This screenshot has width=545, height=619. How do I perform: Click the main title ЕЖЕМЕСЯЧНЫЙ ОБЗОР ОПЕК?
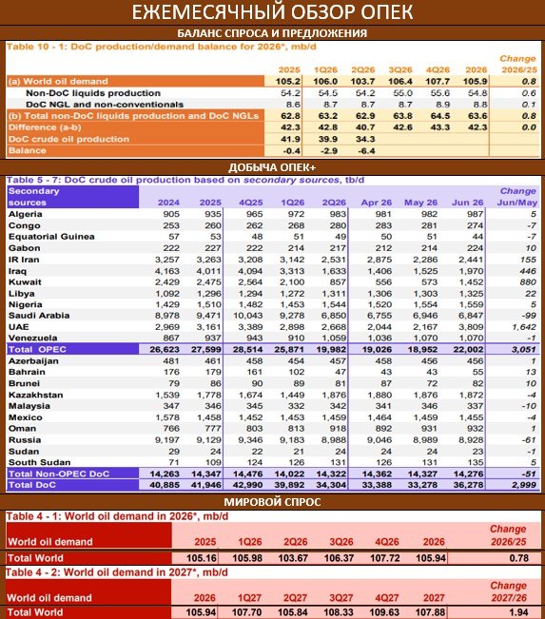[272, 11]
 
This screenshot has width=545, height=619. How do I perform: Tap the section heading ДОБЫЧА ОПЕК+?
[272, 167]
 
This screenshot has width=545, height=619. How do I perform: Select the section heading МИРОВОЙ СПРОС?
[272, 502]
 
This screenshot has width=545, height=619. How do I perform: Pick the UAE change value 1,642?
[524, 327]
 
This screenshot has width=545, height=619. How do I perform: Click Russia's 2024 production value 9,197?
[167, 440]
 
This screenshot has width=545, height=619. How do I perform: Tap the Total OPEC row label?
[37, 349]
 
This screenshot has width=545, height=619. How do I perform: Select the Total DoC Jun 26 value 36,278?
[468, 485]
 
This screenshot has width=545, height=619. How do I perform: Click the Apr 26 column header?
[377, 203]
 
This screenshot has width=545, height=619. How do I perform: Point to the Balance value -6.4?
[366, 151]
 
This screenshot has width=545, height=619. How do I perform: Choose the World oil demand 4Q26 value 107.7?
[438, 82]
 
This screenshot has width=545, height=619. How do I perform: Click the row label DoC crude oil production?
[68, 139]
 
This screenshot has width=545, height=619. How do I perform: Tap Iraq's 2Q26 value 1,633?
[334, 271]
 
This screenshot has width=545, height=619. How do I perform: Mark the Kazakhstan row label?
[35, 395]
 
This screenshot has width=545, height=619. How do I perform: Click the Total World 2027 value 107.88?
[430, 612]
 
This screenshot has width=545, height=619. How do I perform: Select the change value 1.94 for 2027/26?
[519, 612]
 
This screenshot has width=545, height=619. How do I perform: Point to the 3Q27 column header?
[341, 598]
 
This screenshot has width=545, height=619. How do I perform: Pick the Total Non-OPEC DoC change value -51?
[528, 474]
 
